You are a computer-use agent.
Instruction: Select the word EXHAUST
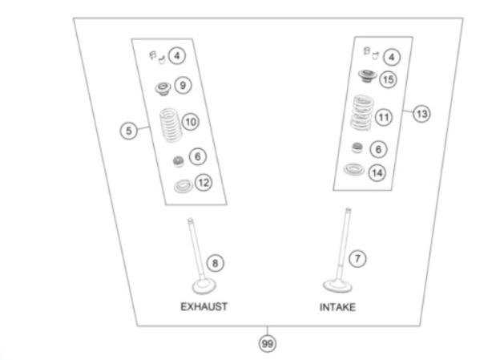click(x=203, y=306)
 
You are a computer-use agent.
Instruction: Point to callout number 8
click(x=215, y=262)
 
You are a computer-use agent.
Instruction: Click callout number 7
click(x=358, y=258)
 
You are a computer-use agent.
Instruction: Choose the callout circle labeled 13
click(x=421, y=114)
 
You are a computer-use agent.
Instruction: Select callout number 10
click(x=190, y=122)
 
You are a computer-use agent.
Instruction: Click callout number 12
click(x=204, y=183)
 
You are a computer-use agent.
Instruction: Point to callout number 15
click(x=388, y=79)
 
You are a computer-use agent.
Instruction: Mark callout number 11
click(x=384, y=117)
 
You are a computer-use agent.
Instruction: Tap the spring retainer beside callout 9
click(x=162, y=86)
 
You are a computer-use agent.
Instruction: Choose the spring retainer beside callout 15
click(x=365, y=77)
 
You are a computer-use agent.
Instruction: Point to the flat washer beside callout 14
click(x=353, y=170)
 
